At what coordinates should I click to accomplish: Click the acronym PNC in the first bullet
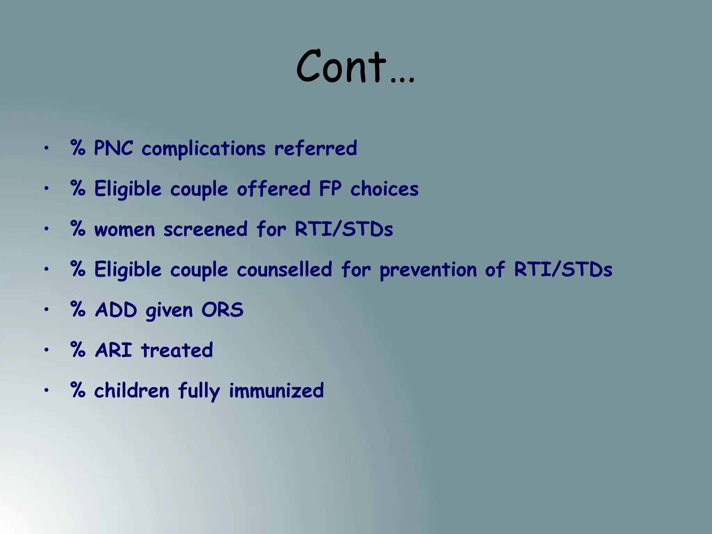coord(113,148)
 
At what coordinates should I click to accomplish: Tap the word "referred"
coord(315,148)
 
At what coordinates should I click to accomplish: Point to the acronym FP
coord(330,189)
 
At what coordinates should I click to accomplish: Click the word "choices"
coord(384,189)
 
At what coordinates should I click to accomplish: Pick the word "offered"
coord(273,189)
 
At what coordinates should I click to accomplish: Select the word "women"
coord(124,230)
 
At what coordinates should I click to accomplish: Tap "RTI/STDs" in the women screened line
coord(344,229)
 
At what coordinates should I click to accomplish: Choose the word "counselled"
coord(284,269)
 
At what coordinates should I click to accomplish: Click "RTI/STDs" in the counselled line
coord(563,269)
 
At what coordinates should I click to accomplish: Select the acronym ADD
coord(116,310)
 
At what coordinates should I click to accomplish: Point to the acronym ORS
coord(222,310)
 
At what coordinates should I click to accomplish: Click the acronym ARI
coord(114,350)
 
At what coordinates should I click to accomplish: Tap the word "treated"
coord(177,350)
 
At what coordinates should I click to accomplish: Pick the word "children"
coord(131,390)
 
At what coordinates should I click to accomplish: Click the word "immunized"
coord(276,390)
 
